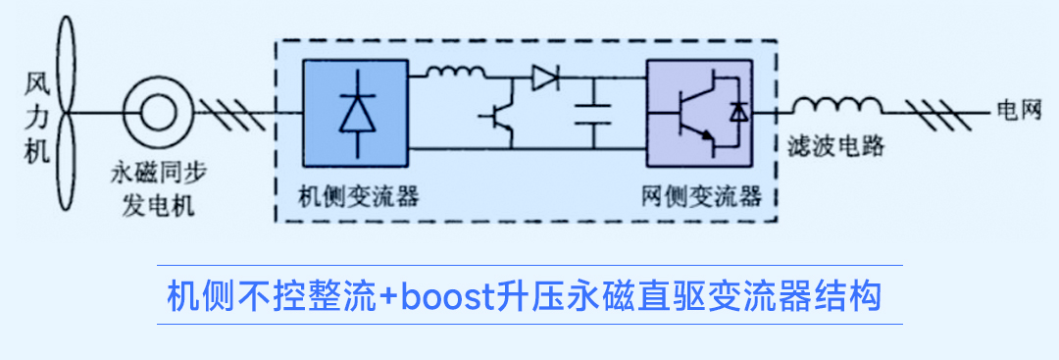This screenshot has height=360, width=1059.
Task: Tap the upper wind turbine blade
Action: coord(66,59)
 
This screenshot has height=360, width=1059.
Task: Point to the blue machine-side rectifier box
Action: coord(355,111)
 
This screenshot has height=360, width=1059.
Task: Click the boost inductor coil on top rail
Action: coord(454,72)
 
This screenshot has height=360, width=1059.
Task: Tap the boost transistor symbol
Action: coord(502,117)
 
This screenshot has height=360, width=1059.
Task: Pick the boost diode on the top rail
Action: coord(544,78)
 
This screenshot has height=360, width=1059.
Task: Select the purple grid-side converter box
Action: coord(699,112)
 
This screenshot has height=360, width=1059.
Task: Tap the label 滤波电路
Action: coord(835,148)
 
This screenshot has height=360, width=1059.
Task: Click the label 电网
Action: coord(1016,110)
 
